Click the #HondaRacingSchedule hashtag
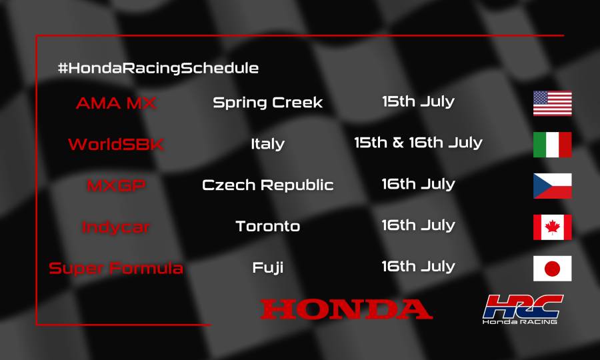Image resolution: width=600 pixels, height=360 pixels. [158, 68]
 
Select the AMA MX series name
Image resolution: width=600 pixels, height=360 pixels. [116, 103]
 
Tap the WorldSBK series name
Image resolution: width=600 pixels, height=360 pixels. [116, 144]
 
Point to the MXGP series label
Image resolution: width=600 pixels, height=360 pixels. [116, 185]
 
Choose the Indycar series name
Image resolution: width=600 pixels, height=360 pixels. [116, 227]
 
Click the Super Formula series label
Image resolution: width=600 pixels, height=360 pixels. [116, 268]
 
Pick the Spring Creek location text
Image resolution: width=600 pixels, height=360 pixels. [267, 103]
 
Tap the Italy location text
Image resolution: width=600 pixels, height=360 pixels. [267, 144]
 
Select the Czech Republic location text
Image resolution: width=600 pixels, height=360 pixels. [267, 185]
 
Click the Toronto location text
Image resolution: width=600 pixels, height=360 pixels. [267, 227]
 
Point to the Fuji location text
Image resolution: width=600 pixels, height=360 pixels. [267, 268]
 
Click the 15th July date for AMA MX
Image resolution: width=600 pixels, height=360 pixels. [418, 102]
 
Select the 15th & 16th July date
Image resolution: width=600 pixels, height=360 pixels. [418, 143]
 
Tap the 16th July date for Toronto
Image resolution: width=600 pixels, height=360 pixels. [418, 225]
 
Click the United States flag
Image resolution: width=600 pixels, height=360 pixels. [552, 103]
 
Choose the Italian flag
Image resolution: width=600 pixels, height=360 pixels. [552, 145]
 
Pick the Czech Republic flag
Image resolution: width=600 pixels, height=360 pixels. [552, 186]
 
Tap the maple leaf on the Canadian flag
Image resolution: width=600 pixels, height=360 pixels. [552, 227]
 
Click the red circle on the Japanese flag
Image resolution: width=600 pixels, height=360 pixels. [552, 269]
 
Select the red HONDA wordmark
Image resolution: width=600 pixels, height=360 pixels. [346, 309]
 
